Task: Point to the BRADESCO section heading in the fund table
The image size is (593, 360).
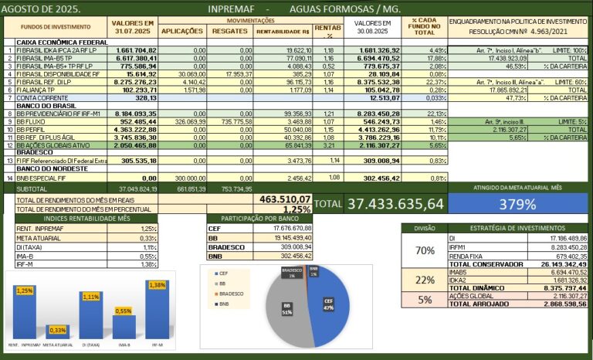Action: pos(36,152)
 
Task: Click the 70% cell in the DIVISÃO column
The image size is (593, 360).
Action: pos(424,250)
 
